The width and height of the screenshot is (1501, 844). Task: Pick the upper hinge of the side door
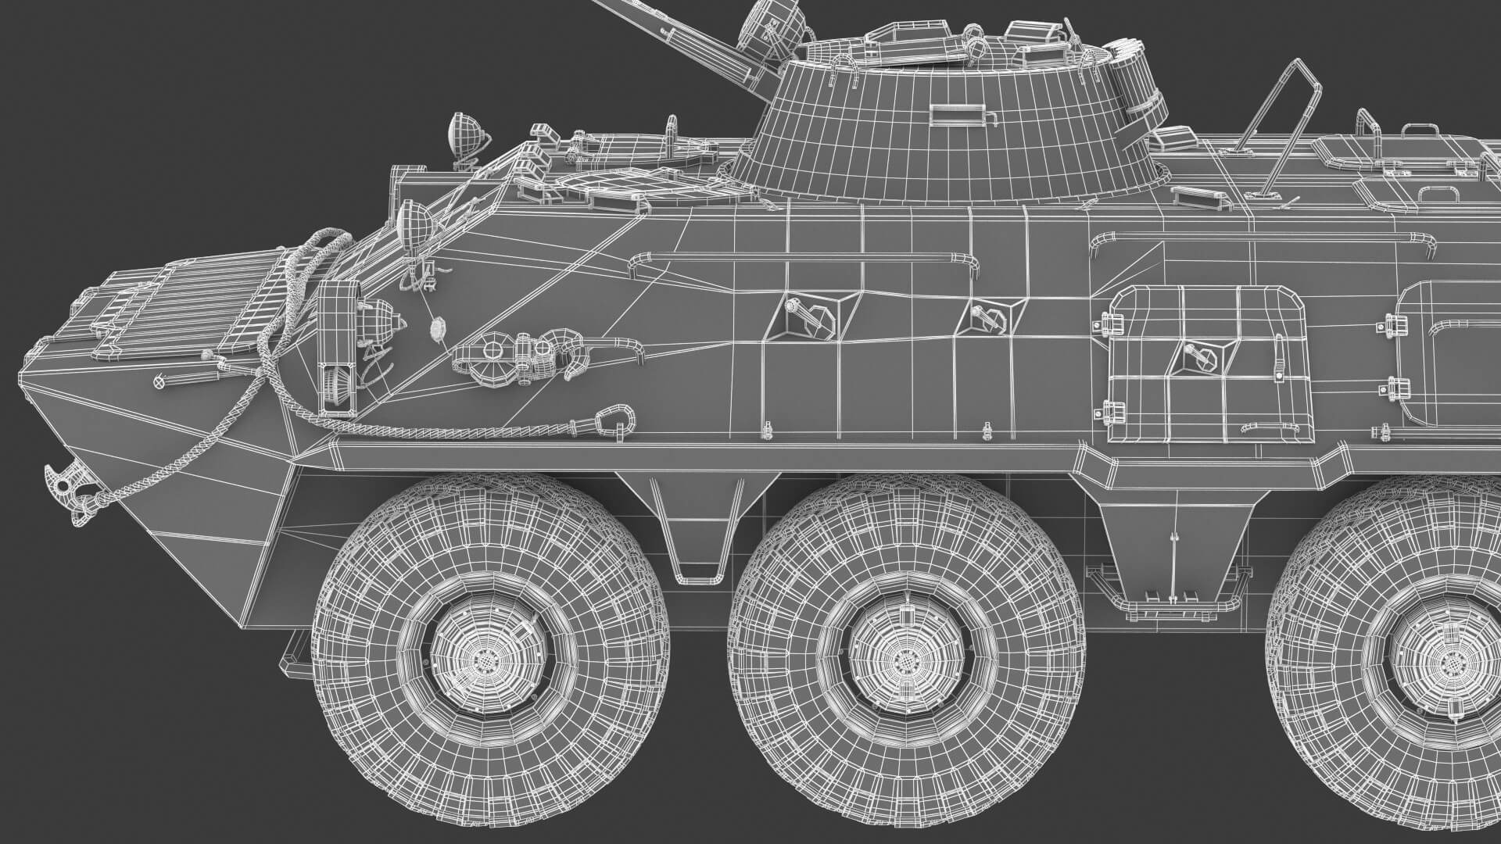(1109, 322)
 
